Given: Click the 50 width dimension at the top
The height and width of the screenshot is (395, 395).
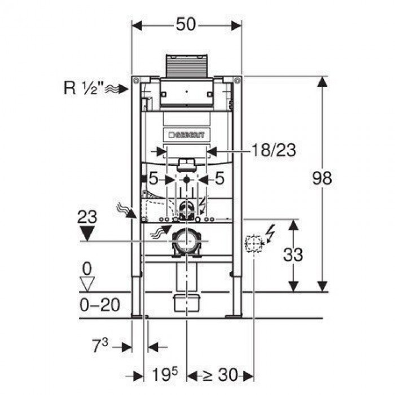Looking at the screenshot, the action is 186,24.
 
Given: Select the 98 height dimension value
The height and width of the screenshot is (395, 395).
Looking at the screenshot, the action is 322,178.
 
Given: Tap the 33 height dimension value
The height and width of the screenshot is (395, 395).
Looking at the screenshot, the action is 293,254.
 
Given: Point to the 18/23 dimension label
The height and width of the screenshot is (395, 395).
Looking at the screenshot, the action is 274,151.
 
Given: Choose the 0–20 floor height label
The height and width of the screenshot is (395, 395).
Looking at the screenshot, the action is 100,305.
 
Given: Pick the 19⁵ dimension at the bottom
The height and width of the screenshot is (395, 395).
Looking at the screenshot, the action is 165,374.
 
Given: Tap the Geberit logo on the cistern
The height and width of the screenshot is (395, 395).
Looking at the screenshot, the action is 186,135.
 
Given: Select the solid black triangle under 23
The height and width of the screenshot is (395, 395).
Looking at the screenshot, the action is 87,234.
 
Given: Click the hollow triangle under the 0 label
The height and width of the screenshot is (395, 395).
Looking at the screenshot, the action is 87,284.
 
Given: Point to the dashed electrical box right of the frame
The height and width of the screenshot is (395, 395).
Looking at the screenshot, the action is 254,244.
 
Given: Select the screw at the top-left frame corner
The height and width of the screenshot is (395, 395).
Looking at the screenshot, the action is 137,81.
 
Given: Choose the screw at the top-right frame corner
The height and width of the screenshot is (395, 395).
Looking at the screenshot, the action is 237,81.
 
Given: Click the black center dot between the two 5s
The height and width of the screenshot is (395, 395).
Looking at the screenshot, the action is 186,180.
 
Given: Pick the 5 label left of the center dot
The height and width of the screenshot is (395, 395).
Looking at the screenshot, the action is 153,179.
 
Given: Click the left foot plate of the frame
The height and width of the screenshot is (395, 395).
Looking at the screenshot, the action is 140,316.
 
